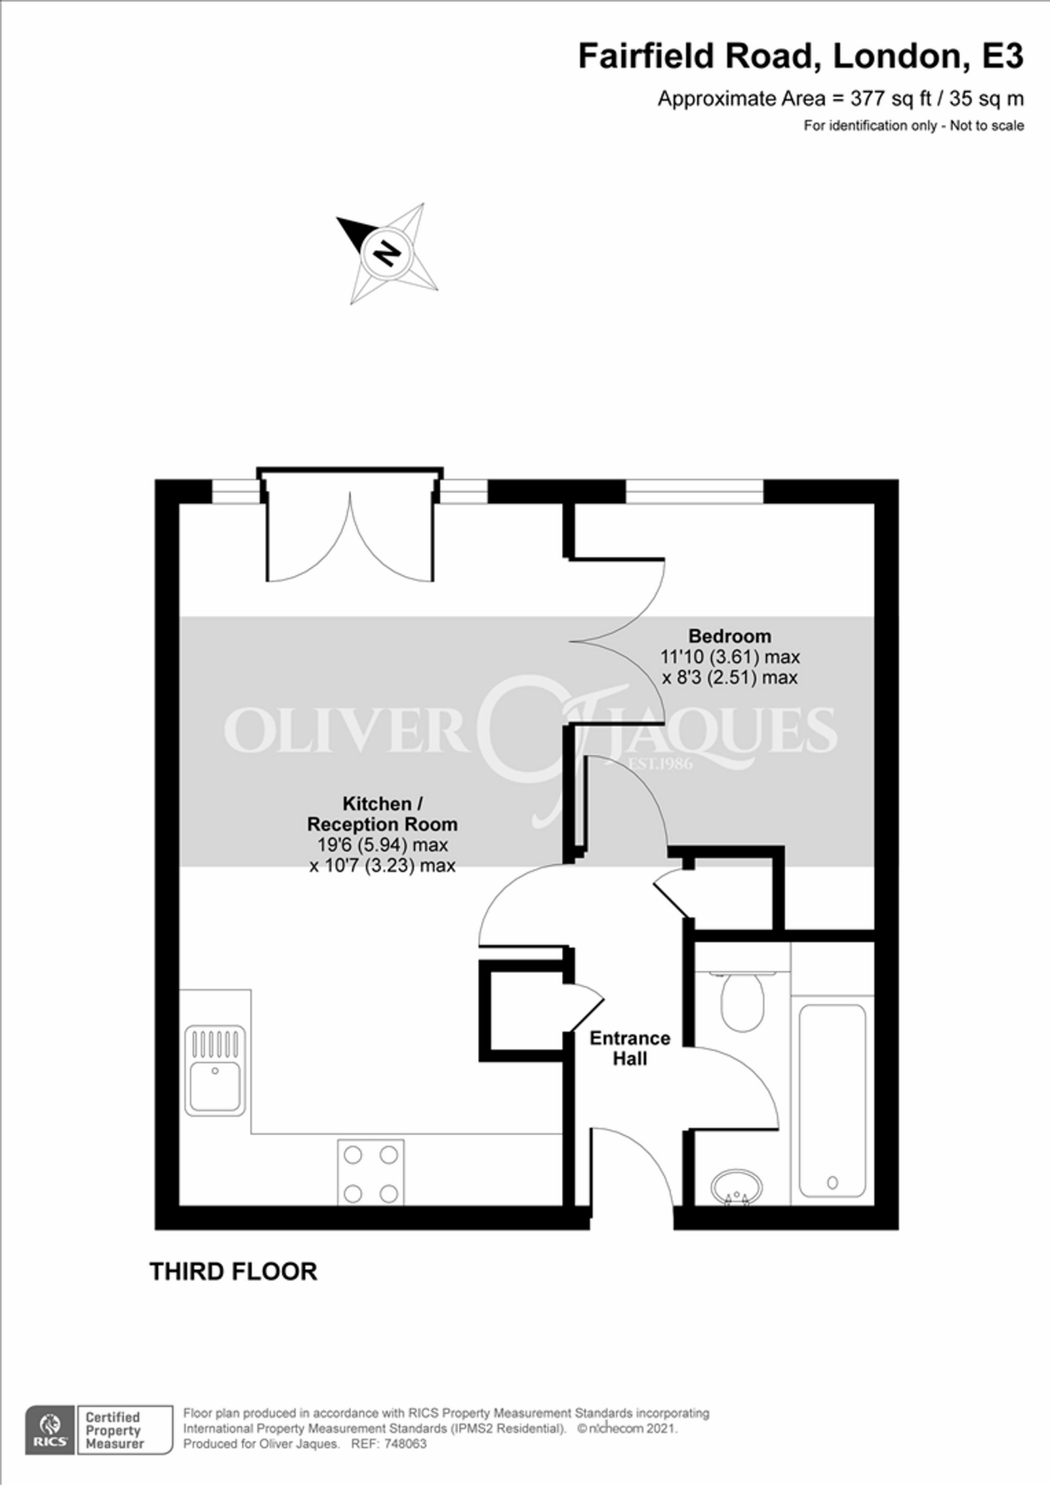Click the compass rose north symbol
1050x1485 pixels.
pyautogui.click(x=388, y=252)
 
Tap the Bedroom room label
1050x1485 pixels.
pyautogui.click(x=729, y=636)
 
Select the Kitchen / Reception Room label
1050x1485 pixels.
pyautogui.click(x=382, y=814)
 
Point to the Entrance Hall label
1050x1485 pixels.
pyautogui.click(x=630, y=1048)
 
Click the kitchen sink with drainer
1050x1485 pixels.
pyautogui.click(x=214, y=1070)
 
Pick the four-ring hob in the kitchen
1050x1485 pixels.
pyautogui.click(x=371, y=1173)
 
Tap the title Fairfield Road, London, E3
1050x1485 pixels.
pyautogui.click(x=800, y=57)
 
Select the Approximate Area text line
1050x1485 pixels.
pyautogui.click(x=840, y=99)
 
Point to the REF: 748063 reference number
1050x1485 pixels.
pyautogui.click(x=388, y=1444)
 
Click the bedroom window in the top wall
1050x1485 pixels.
pyautogui.click(x=694, y=491)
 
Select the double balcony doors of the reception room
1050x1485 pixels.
pyautogui.click(x=350, y=537)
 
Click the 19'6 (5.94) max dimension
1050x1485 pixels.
pyautogui.click(x=382, y=845)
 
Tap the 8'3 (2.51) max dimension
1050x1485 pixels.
pyautogui.click(x=730, y=677)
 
